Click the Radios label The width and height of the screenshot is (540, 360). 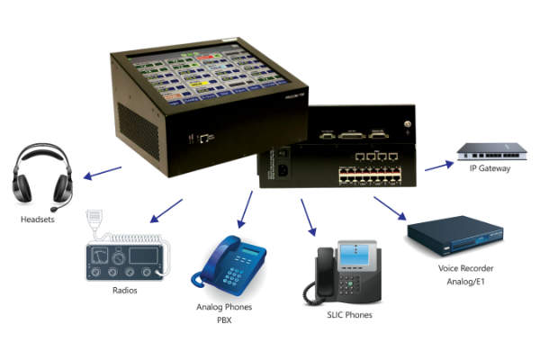(x=125, y=291)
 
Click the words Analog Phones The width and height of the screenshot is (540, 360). (x=225, y=307)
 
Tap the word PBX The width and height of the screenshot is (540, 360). (x=225, y=319)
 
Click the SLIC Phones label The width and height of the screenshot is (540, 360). (x=349, y=315)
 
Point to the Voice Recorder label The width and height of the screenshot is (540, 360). (x=465, y=268)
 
